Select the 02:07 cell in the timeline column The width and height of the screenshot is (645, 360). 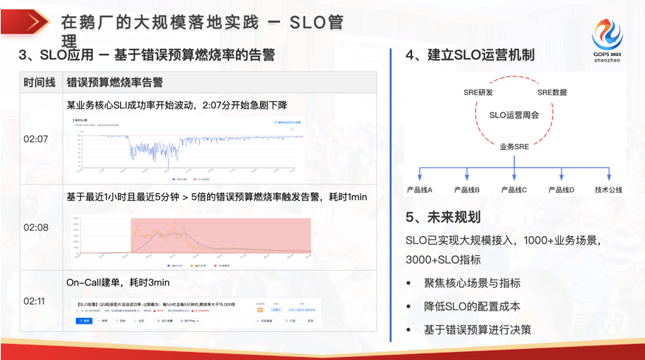point(36,139)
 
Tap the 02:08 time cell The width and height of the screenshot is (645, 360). point(36,227)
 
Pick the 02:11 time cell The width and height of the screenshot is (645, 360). point(36,301)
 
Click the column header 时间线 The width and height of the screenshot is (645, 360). point(39,82)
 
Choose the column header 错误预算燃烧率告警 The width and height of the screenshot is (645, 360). point(115,82)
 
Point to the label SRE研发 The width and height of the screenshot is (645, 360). point(478,92)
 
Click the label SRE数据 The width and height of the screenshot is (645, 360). point(551,92)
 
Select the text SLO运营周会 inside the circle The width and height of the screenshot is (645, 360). point(514,115)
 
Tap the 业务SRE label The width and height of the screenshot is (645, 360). point(514,148)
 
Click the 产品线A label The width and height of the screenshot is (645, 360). point(419,190)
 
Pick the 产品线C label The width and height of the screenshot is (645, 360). point(514,190)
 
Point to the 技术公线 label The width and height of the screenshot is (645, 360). point(609,190)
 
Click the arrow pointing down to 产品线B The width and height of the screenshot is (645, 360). point(467,175)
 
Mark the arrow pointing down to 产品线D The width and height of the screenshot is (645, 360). point(562,175)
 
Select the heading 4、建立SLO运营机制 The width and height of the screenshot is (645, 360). point(470,55)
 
